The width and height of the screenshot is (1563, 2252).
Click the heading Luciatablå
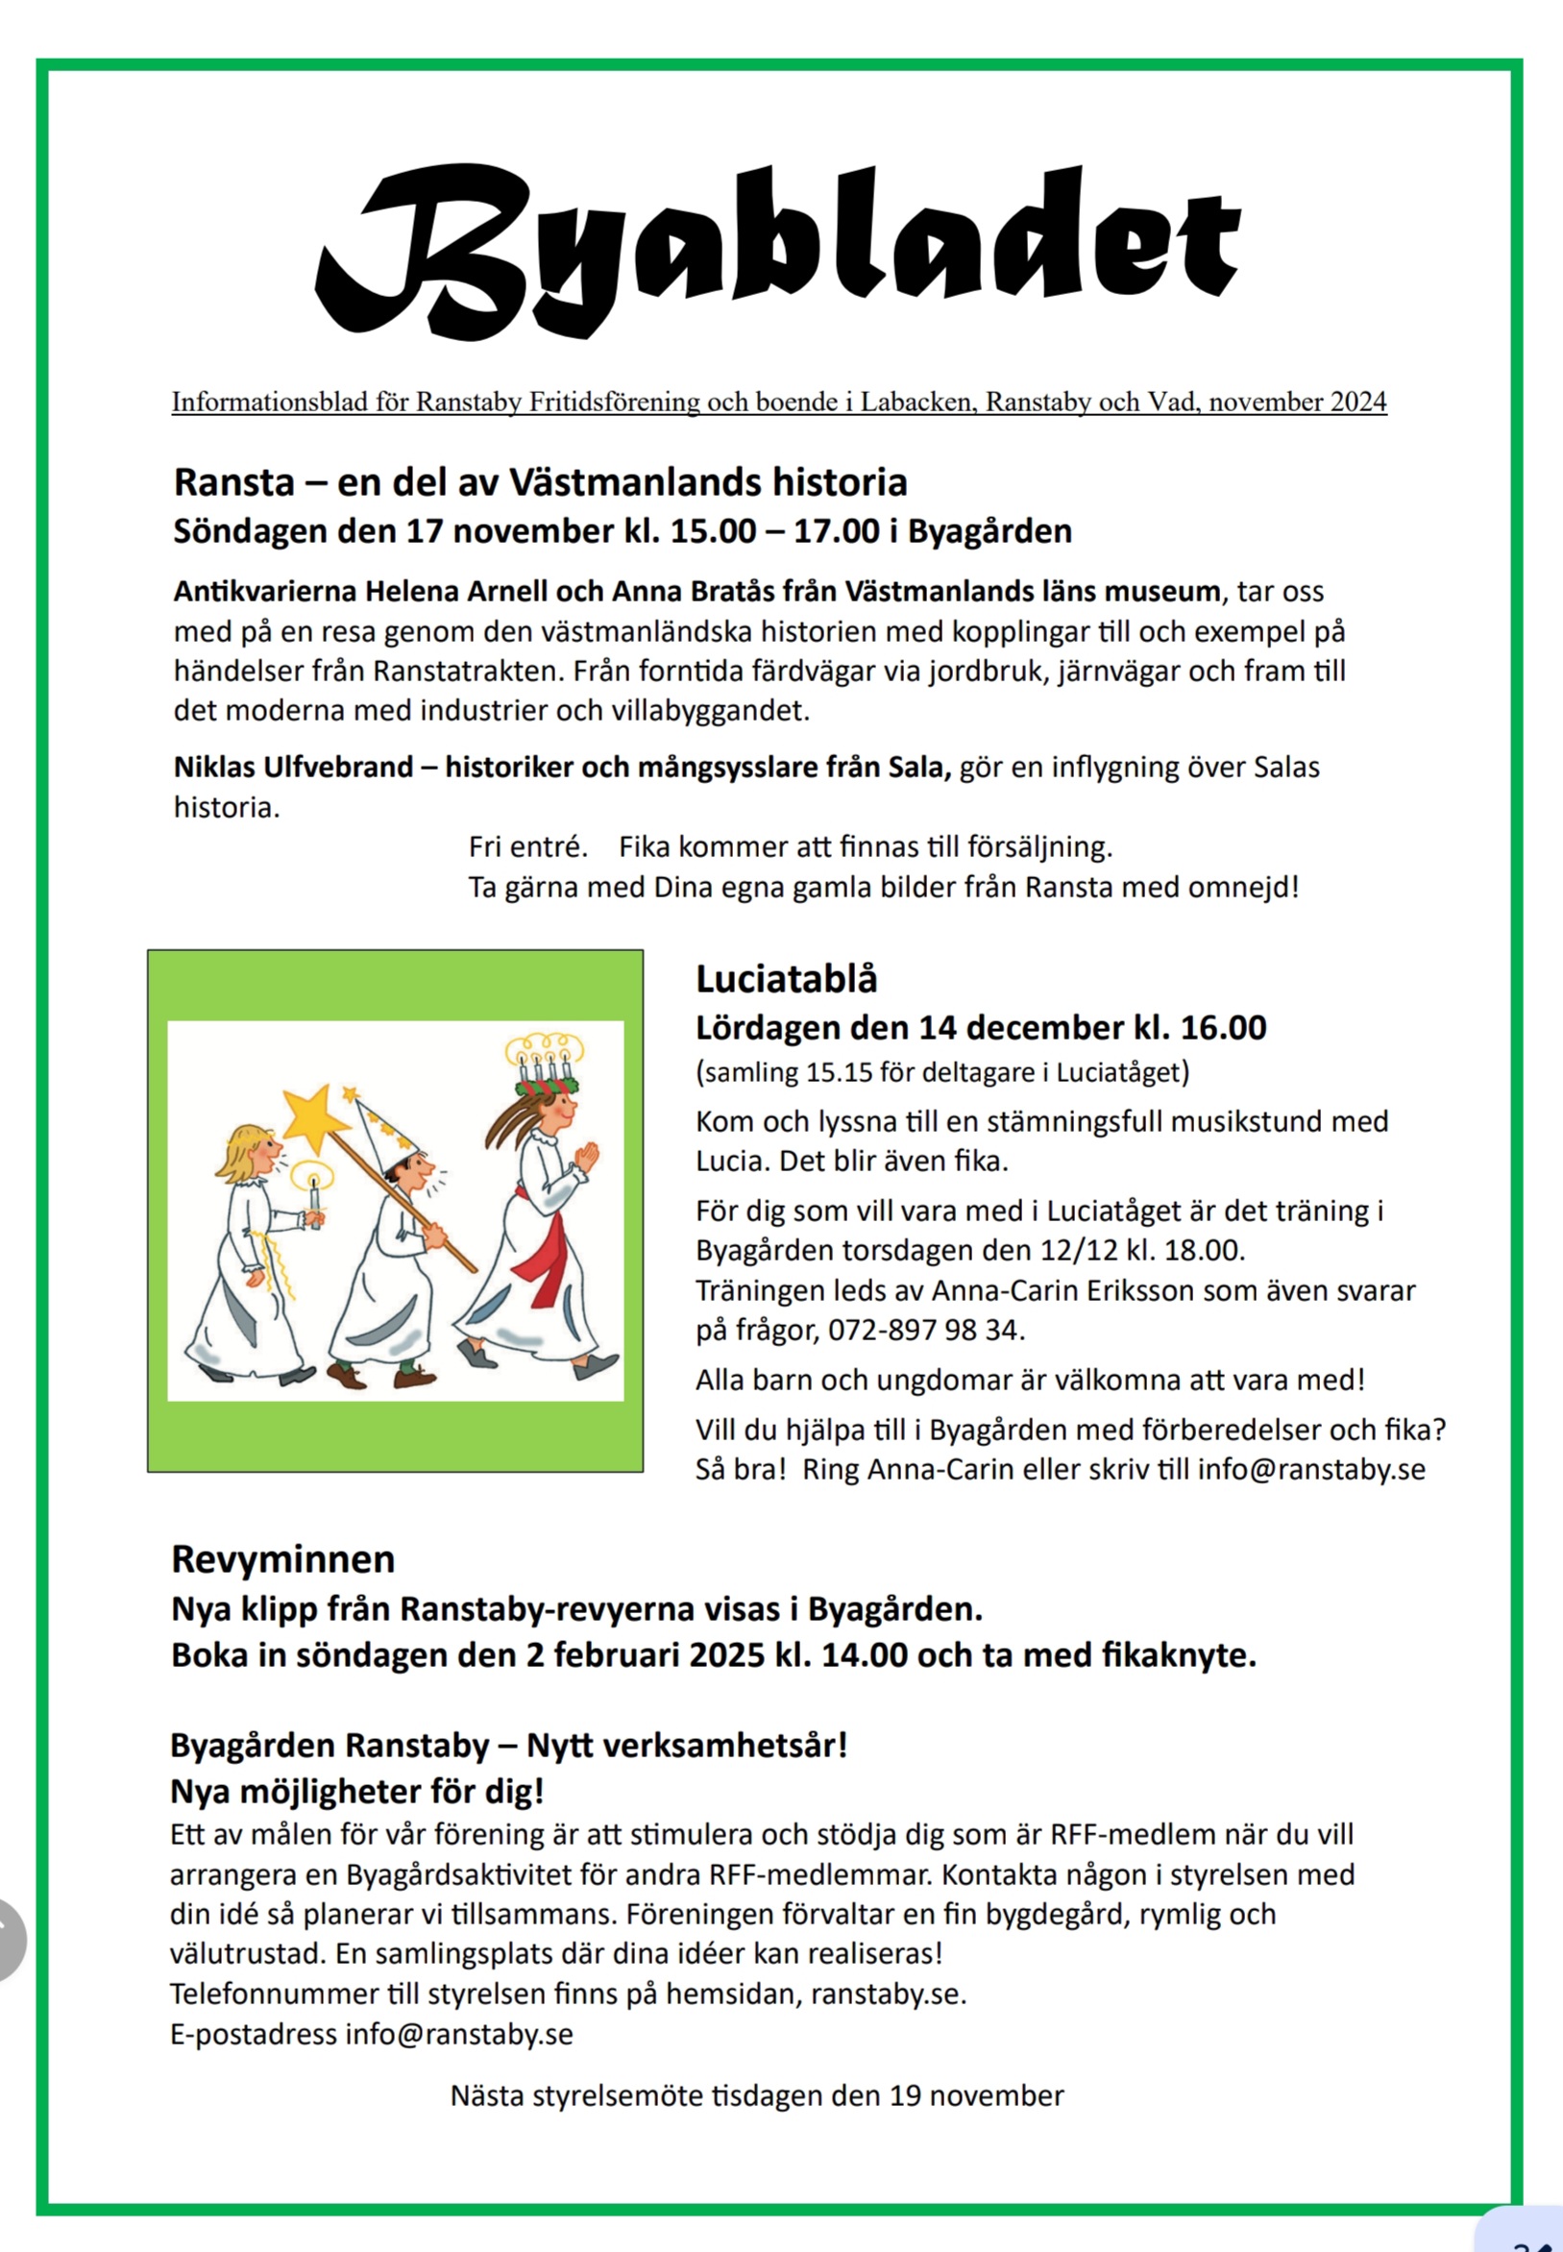click(787, 979)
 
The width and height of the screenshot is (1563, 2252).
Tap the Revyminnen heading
click(283, 1559)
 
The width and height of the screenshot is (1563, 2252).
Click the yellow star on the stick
click(312, 1119)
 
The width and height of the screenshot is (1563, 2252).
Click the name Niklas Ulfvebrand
click(293, 767)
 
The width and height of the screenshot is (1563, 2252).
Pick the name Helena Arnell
click(456, 592)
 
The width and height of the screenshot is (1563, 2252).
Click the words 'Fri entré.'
click(527, 847)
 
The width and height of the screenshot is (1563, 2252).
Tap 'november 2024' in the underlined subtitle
click(1298, 403)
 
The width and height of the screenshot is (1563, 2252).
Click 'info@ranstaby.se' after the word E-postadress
click(458, 2036)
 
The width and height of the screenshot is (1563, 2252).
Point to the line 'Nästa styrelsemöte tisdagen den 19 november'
click(756, 2096)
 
